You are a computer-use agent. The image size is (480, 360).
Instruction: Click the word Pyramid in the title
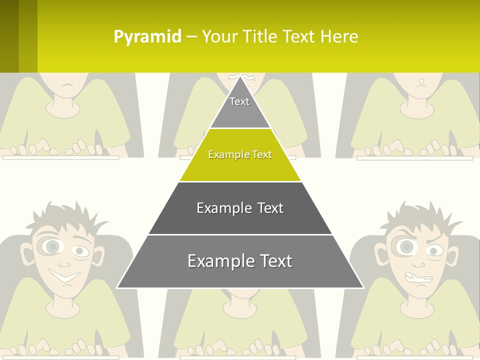click(147, 37)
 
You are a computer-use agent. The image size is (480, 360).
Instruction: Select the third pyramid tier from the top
click(240, 208)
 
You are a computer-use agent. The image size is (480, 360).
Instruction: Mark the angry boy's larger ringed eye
click(405, 246)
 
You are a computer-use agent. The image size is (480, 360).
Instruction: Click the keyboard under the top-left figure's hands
click(60, 157)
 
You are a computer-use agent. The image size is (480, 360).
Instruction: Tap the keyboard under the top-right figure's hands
click(414, 158)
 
